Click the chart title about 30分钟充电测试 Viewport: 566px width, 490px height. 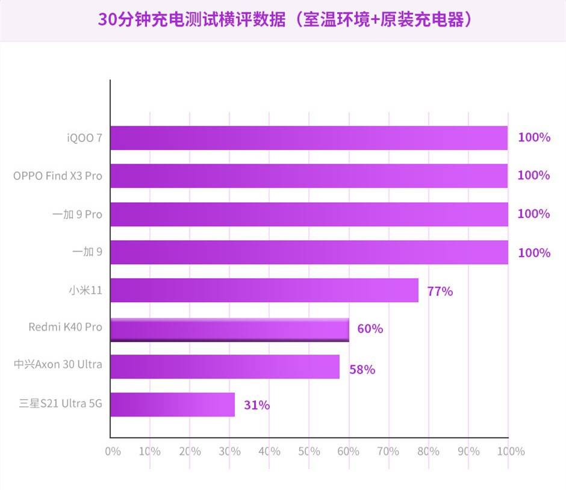coord(283,19)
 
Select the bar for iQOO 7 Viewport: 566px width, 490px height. coord(309,138)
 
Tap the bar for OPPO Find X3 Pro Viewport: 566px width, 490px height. coord(309,176)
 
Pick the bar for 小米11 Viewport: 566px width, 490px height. coord(264,290)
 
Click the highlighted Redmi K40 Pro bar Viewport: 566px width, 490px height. coord(229,329)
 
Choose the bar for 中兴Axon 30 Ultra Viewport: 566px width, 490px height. coord(225,367)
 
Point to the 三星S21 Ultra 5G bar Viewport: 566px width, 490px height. coord(172,405)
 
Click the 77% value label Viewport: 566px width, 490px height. coord(440,291)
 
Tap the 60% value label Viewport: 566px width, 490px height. coord(370,329)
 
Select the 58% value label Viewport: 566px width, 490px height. coord(362,370)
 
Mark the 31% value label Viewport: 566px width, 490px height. coord(257,406)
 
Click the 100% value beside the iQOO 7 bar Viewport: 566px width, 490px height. coord(533,138)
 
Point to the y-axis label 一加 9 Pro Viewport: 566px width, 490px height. coord(77,214)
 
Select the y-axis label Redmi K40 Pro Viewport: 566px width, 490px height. coord(65,327)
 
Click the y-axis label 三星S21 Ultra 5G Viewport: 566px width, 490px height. coord(60,403)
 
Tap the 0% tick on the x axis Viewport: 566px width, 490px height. coord(113,451)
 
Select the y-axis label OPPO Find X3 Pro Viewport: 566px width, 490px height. coord(58,176)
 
